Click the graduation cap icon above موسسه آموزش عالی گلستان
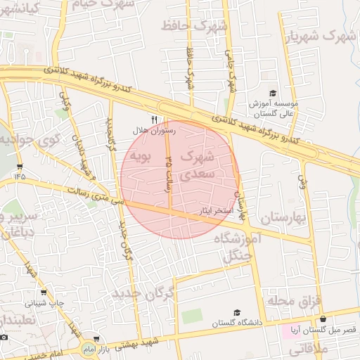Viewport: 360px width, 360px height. click(273, 93)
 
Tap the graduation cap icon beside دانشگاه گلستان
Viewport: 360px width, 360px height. click(237, 313)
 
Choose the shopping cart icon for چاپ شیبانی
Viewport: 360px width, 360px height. click(44, 292)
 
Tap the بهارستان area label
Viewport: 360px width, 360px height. click(283, 219)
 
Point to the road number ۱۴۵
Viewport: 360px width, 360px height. click(18, 176)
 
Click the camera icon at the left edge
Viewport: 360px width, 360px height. click(4, 337)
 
